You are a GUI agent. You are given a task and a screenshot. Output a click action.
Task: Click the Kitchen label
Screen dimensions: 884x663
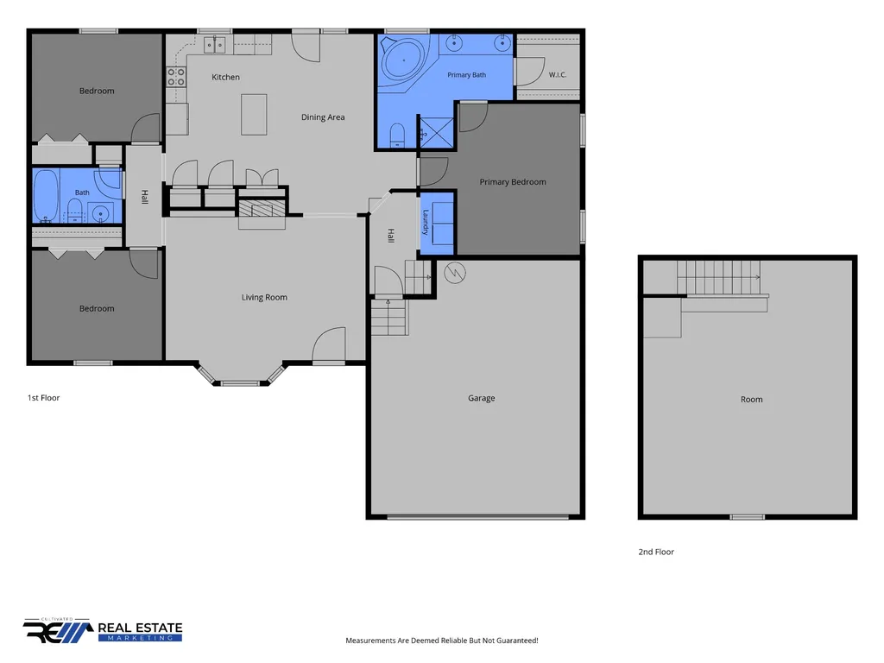click(225, 77)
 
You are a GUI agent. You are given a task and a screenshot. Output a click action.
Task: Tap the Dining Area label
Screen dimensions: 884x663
click(323, 117)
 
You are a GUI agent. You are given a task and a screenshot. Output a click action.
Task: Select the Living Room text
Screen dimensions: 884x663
click(264, 297)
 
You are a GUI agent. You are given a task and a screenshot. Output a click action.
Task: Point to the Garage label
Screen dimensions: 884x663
click(482, 398)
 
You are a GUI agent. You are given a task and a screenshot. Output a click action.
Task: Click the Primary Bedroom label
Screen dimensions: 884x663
click(513, 181)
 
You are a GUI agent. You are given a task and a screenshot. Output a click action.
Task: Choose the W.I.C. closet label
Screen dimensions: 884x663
click(558, 74)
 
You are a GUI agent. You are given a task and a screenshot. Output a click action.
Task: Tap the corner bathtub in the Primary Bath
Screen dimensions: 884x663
click(404, 61)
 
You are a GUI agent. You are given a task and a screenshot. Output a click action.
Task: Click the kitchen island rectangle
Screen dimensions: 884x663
click(255, 115)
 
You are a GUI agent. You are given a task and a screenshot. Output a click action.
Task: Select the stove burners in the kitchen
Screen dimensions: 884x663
click(176, 77)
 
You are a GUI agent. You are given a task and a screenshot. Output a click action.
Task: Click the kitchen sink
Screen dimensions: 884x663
click(214, 45)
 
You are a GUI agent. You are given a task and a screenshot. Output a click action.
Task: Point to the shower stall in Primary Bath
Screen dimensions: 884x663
click(435, 133)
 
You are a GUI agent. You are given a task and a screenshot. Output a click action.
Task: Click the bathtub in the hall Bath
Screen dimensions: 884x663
click(46, 196)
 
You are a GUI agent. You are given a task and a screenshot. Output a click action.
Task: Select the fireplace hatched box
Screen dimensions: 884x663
click(262, 209)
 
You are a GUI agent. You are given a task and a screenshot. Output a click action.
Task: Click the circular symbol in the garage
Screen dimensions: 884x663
click(454, 274)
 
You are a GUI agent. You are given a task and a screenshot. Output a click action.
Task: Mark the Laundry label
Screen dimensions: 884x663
click(426, 222)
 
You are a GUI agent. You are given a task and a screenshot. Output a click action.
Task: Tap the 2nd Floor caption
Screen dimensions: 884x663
click(656, 552)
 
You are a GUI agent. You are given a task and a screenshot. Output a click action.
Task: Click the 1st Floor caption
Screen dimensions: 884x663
click(43, 397)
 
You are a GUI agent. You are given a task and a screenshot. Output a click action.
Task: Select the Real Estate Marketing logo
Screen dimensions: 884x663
click(103, 630)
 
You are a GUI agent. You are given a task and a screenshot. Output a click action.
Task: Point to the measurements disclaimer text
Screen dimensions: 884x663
click(442, 641)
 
